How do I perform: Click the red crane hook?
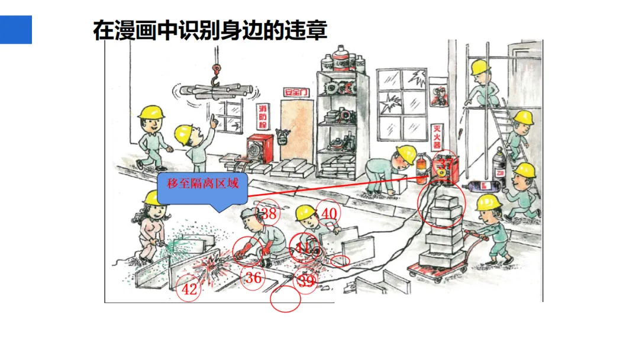216,73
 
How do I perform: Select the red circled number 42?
189,290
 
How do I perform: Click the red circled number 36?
253,278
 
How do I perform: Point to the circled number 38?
269,214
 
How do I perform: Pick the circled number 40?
329,213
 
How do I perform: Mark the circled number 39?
306,282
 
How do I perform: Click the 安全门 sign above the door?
296,92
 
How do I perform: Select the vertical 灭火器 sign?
438,136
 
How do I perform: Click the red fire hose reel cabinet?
260,147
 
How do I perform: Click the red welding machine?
447,169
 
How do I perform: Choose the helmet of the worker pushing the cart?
488,202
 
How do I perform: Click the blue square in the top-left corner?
15,30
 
